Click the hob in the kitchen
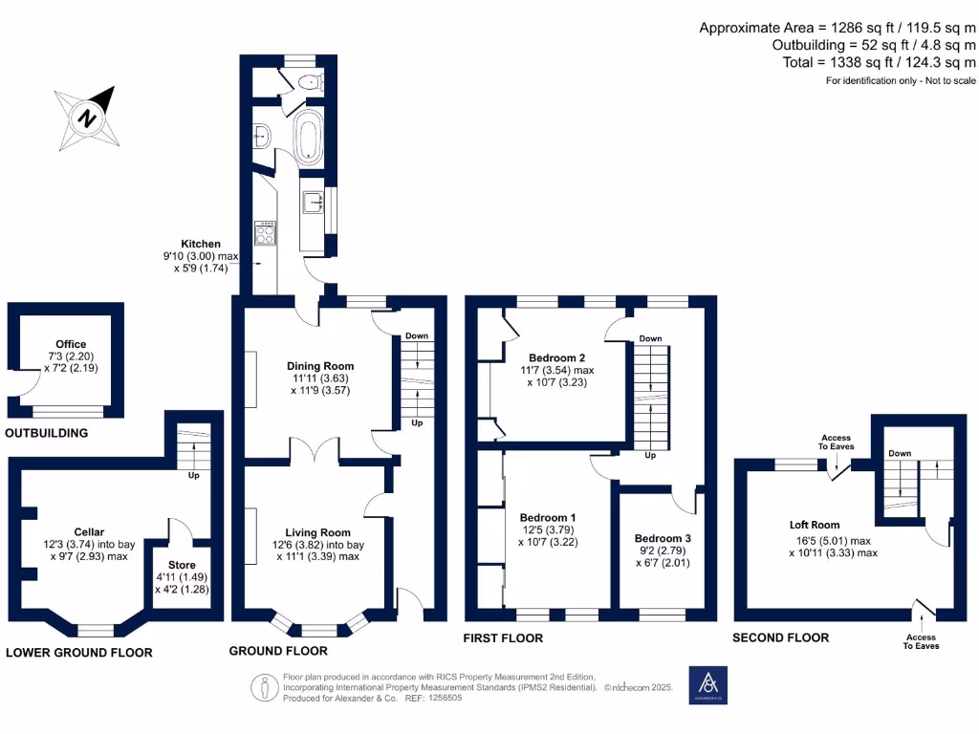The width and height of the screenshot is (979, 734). point(263,232)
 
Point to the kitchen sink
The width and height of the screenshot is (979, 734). point(313,203)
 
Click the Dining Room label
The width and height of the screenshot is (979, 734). point(320,366)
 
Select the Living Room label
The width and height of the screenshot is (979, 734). point(317,532)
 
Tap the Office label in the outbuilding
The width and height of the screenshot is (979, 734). point(71,344)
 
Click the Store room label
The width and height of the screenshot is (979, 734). point(182,565)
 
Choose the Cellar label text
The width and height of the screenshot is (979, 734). point(89,532)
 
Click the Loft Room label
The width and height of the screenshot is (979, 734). point(815,525)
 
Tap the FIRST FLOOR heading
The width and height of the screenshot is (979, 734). point(504,638)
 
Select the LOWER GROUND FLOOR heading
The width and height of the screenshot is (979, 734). point(78,653)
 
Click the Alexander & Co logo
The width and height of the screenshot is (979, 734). point(708,685)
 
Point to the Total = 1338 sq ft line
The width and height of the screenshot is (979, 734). point(876,62)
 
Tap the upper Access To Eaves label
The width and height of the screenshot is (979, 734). point(834,443)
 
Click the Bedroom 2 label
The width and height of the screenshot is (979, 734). point(557,358)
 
